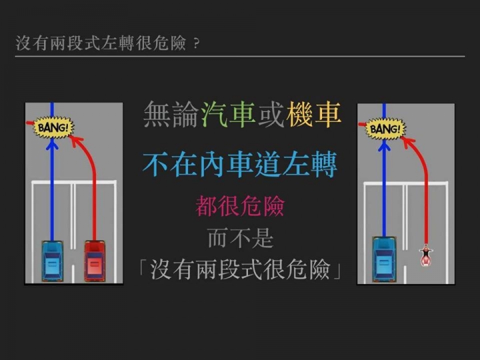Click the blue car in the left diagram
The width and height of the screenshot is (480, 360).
click(53, 261)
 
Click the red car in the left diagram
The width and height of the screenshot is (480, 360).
click(95, 261)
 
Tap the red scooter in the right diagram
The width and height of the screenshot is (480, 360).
click(426, 255)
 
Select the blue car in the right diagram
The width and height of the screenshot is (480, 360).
click(384, 259)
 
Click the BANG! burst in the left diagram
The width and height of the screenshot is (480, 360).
click(53, 127)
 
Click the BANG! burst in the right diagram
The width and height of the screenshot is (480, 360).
click(385, 129)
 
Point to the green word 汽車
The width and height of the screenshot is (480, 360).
click(229, 115)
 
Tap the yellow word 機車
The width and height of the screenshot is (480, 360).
click(314, 115)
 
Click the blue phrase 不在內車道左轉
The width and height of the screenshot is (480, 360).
click(240, 165)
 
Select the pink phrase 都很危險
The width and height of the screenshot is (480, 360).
click(240, 206)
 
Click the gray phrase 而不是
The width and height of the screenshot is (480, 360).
click(240, 238)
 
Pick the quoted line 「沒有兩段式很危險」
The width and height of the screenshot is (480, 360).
click(240, 269)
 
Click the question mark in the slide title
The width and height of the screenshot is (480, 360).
click(197, 44)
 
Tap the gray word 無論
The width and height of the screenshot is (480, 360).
click(171, 115)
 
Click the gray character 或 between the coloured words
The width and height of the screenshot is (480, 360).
click(271, 115)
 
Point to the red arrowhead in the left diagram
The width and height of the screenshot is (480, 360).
click(75, 141)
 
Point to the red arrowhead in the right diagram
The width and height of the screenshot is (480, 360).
click(407, 142)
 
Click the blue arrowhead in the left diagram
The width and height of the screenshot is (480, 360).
click(52, 144)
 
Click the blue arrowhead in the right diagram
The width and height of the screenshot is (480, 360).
click(384, 145)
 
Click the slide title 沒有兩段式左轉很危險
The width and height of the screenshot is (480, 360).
click(101, 43)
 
